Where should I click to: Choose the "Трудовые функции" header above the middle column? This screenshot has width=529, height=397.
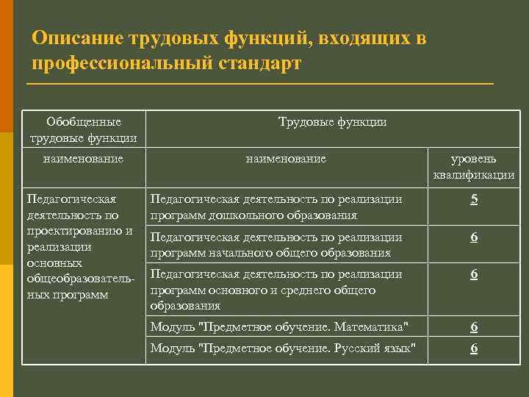[x=332, y=121]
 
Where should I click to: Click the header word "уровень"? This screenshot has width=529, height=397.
[x=474, y=159]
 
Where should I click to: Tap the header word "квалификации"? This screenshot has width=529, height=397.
[x=474, y=175]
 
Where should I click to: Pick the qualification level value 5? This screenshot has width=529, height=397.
[x=474, y=199]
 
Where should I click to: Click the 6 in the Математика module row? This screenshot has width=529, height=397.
[x=474, y=326]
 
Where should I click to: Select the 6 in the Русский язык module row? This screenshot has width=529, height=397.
[x=474, y=348]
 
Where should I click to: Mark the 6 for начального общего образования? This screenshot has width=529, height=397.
[x=474, y=237]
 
